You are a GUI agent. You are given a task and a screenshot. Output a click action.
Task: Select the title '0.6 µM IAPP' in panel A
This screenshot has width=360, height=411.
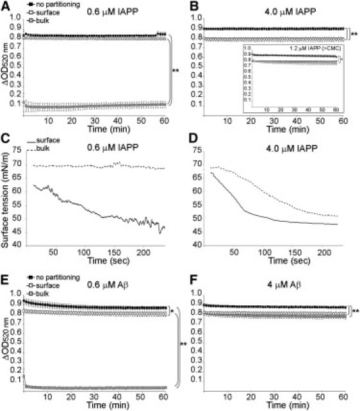pos(108,8)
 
